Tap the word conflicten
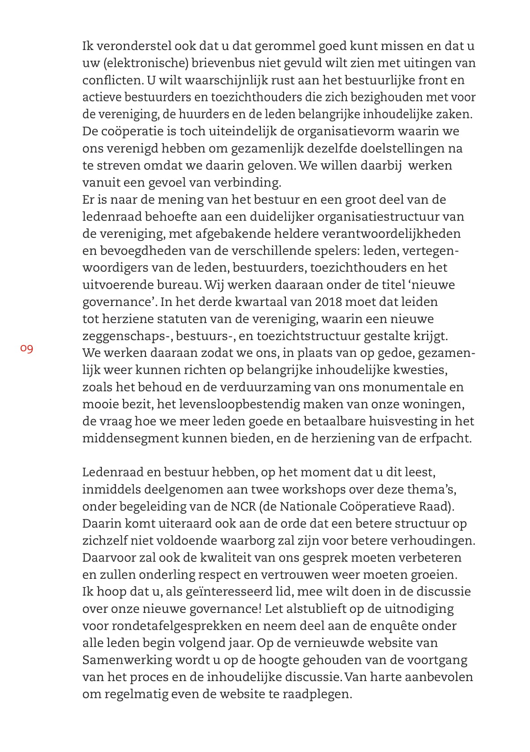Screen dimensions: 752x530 pyautogui.click(x=113, y=80)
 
